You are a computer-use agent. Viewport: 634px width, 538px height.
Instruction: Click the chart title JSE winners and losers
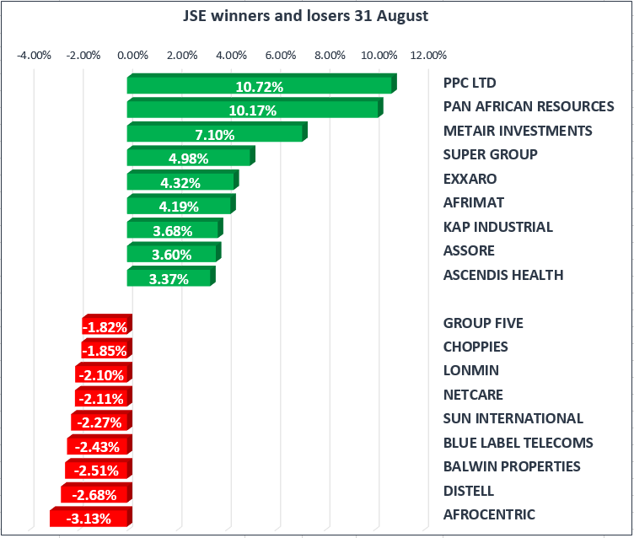[316, 16]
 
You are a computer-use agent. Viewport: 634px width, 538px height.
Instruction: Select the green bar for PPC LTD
[260, 86]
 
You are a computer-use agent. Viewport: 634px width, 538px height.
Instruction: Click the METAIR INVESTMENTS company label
[517, 131]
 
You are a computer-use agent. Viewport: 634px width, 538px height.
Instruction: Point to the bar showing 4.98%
[190, 158]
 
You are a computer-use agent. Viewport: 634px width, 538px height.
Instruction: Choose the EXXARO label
[470, 179]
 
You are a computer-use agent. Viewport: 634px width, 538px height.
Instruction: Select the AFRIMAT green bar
[180, 206]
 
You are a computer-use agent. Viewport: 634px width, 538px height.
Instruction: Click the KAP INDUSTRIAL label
[497, 227]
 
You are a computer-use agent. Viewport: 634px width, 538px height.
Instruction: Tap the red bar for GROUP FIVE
[105, 326]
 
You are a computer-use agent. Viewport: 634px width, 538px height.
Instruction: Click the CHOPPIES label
[475, 347]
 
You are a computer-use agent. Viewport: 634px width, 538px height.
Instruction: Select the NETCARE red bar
[102, 398]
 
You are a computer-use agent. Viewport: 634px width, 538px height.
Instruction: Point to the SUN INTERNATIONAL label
[513, 418]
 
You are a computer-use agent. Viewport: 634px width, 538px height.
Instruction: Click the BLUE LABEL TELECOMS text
[518, 443]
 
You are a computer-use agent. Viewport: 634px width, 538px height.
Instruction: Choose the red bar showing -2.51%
[97, 470]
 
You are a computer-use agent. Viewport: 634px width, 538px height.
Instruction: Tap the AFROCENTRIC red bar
[89, 518]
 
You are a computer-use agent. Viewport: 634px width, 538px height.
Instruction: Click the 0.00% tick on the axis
[132, 56]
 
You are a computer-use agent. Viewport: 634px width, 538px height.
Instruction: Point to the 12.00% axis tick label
[428, 56]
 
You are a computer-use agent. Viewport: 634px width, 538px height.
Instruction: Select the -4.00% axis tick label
[35, 56]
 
